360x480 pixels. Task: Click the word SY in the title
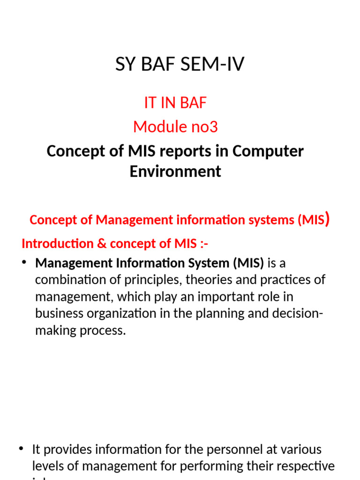124,64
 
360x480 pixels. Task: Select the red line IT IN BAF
175,103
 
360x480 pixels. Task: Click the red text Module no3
175,127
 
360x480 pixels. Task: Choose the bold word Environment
175,172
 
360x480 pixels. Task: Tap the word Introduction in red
58,244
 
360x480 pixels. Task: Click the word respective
304,466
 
